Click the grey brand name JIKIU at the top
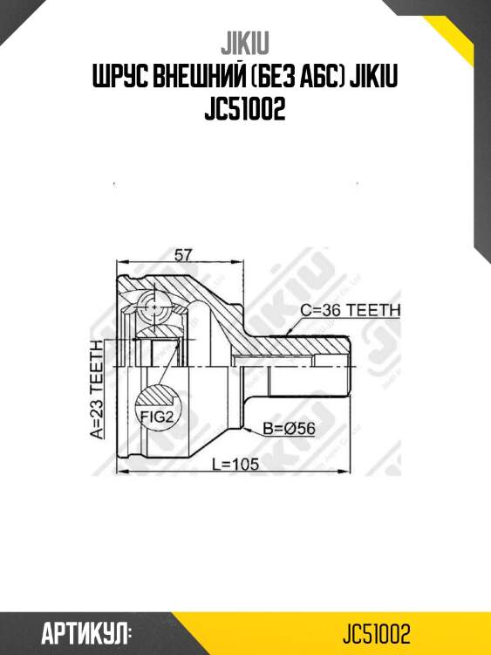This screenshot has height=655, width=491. point(246,45)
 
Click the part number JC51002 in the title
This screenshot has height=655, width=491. point(245,113)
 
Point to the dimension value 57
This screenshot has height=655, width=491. point(183,255)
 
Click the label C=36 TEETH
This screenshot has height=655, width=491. point(350,310)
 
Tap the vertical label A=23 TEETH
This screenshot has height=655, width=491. point(98,388)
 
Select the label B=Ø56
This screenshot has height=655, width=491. point(289,428)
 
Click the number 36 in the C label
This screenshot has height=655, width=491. point(333,310)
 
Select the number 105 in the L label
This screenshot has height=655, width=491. point(245,465)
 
